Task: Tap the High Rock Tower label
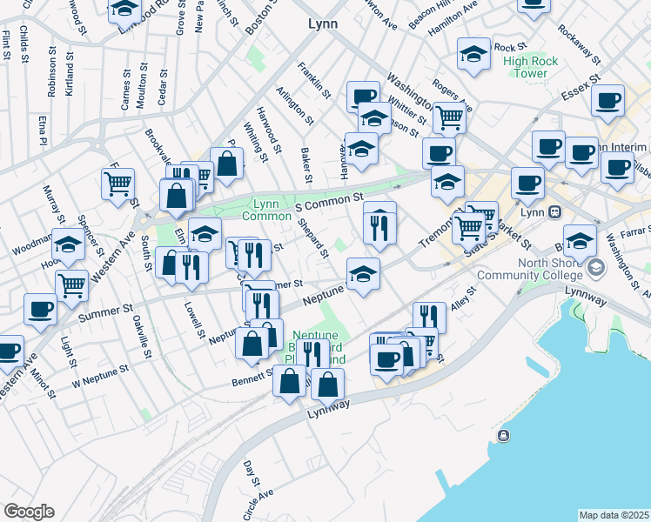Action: (537, 67)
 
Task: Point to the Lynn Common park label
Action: (260, 210)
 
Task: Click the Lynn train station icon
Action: (554, 212)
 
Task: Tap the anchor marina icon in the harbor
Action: (503, 435)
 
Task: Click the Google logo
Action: (29, 512)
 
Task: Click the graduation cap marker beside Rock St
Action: (473, 55)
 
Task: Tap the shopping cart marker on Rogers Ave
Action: (448, 117)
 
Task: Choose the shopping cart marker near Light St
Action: (71, 284)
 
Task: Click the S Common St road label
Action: (329, 203)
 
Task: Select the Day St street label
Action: (252, 474)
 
